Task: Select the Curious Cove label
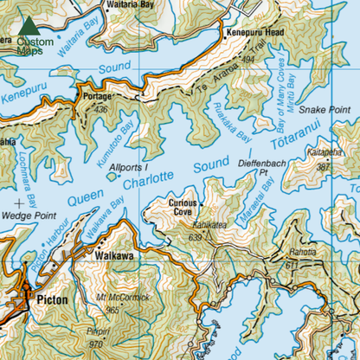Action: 182,208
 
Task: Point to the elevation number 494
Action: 251,60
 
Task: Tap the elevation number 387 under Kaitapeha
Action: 325,166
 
